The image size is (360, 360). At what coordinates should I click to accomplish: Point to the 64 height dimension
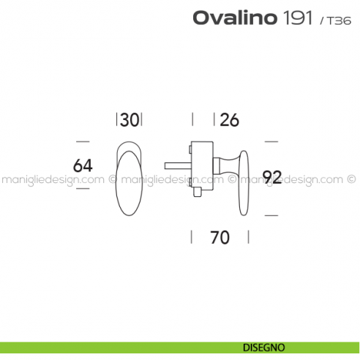pos(83,165)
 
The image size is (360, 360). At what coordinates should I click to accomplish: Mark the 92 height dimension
pos(272,176)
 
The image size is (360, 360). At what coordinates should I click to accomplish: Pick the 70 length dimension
pos(220,238)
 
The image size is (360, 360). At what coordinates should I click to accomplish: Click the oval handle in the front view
pos(129,179)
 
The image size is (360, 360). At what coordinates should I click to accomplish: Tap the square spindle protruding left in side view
pos(178,163)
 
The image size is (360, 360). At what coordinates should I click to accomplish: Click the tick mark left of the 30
pos(117,120)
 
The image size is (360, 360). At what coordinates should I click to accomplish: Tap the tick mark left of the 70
pos(192,237)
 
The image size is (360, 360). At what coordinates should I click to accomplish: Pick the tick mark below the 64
pos(83,188)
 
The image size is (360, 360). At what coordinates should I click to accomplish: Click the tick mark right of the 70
pos(248,237)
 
